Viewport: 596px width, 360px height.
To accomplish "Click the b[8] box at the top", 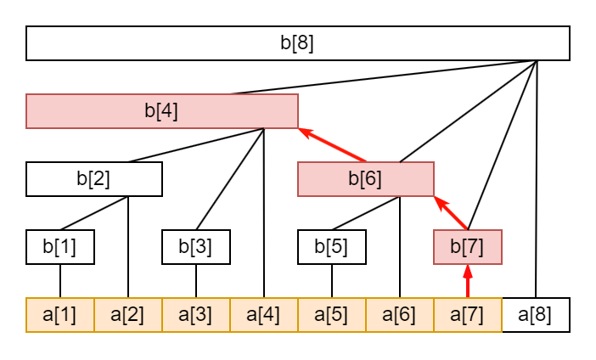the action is click(x=297, y=43).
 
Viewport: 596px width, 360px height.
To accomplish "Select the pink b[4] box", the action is click(x=161, y=111).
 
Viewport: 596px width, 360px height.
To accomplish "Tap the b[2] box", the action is click(x=93, y=179).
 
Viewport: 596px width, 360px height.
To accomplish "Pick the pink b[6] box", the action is click(x=365, y=179).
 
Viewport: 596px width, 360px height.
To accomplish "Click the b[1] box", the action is click(x=59, y=247).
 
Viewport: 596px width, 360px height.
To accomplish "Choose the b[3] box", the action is click(x=195, y=247).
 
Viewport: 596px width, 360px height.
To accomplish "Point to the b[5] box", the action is click(x=331, y=247).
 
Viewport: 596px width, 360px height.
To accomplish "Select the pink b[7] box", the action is click(x=467, y=247).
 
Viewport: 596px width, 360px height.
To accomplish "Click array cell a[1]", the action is click(x=59, y=315).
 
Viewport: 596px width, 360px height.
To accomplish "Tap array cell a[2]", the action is click(x=127, y=315).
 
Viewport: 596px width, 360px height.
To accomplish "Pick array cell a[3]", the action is click(x=195, y=315).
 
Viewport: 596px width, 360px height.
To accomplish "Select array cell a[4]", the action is click(x=263, y=315).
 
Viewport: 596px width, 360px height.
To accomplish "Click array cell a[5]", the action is click(x=331, y=315).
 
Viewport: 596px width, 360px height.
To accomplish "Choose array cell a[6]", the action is click(x=399, y=315).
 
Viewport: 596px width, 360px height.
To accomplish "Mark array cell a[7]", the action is click(x=467, y=315).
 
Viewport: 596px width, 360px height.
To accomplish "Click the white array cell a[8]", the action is click(x=535, y=315).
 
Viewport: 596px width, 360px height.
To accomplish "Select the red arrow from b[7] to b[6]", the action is click(x=451, y=213).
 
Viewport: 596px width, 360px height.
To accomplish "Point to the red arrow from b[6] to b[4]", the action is click(x=332, y=145).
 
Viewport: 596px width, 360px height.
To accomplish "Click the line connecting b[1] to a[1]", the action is click(x=59, y=281).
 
